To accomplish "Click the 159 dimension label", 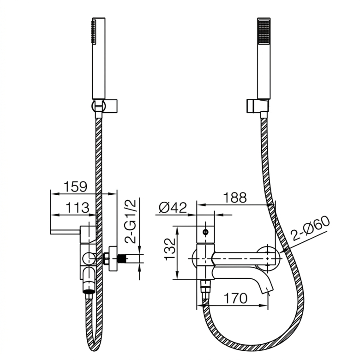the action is click(x=75, y=187).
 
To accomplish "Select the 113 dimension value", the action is click(x=77, y=208).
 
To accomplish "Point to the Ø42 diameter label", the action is click(x=173, y=208).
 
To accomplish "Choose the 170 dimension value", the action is click(x=235, y=298).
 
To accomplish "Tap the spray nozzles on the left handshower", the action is click(x=93, y=32).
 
